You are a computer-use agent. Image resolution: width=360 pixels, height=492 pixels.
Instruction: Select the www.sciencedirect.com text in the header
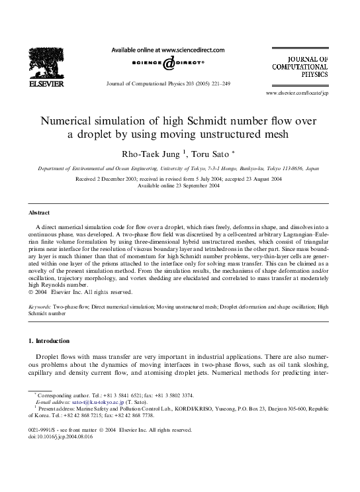click(x=193, y=50)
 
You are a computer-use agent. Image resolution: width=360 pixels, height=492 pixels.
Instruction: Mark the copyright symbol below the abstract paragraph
click(x=32, y=289)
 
